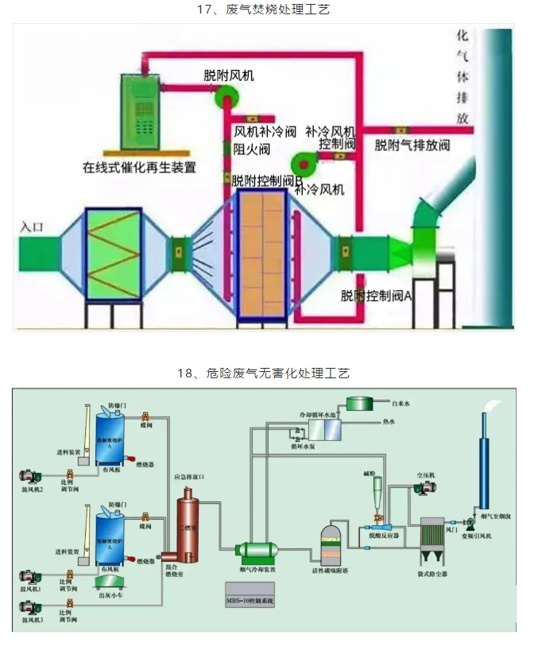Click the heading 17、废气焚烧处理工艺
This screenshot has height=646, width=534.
[x=267, y=10]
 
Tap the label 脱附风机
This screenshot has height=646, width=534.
[x=229, y=75]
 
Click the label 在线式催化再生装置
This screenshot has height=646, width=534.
[x=140, y=168]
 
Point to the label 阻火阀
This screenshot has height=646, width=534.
[x=252, y=149]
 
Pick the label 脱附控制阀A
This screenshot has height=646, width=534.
[x=376, y=296]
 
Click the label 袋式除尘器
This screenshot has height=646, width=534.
[x=434, y=572]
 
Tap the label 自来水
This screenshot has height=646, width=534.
[x=401, y=404]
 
